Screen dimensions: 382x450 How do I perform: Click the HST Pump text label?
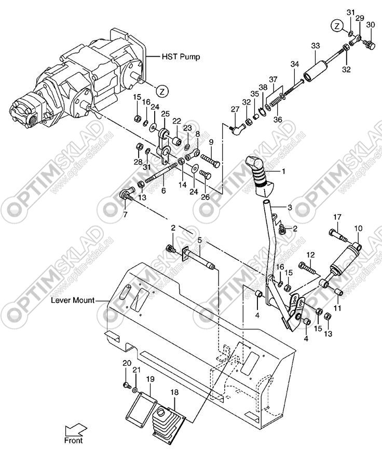(181, 57)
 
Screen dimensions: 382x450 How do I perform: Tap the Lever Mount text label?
(73, 300)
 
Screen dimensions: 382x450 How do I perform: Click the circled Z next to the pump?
(162, 91)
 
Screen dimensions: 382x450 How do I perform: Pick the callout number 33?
(315, 46)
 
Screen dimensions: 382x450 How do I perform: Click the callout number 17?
(337, 217)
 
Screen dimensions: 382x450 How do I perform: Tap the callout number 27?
(235, 109)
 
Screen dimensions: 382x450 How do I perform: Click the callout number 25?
(165, 114)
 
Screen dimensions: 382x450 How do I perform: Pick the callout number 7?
(125, 215)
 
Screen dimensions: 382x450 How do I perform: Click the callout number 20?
(127, 363)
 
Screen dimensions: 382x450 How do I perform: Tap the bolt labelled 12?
(307, 268)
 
